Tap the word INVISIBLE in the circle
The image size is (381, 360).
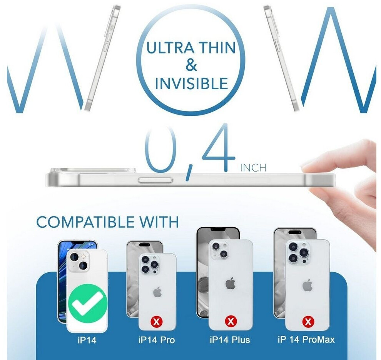192,83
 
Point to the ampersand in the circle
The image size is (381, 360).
191,66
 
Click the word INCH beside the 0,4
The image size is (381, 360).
253,168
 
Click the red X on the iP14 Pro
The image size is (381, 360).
157,322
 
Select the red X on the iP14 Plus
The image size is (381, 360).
231,322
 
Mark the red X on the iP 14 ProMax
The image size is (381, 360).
308,322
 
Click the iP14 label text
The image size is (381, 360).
87,340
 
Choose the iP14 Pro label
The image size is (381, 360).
157,340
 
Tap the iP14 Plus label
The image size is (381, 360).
230,340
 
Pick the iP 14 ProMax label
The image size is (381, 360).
306,339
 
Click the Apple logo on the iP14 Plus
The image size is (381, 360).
231,284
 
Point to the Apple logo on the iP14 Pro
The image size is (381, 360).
157,292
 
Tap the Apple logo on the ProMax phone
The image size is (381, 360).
307,285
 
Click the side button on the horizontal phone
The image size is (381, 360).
155,180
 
